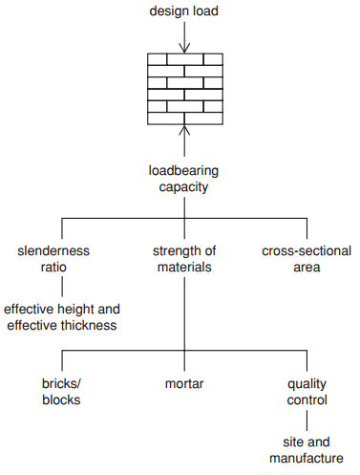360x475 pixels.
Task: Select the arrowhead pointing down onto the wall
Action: [x=184, y=48]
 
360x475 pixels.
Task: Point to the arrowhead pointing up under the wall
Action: [x=184, y=128]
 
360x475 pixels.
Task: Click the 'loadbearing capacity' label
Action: [x=184, y=179]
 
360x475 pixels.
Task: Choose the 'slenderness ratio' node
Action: [x=53, y=259]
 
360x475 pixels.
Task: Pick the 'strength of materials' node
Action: [x=184, y=259]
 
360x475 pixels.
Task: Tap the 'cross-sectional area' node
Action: [x=305, y=259]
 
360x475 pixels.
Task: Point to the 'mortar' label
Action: [x=184, y=384]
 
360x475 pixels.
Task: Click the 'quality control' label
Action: [x=307, y=392]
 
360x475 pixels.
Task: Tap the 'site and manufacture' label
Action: [x=307, y=451]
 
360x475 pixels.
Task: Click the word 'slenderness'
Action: [x=53, y=251]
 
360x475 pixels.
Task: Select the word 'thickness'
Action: [x=87, y=326]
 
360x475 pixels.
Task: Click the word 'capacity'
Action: [x=184, y=187]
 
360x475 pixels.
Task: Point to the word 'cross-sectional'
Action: [x=305, y=251]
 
